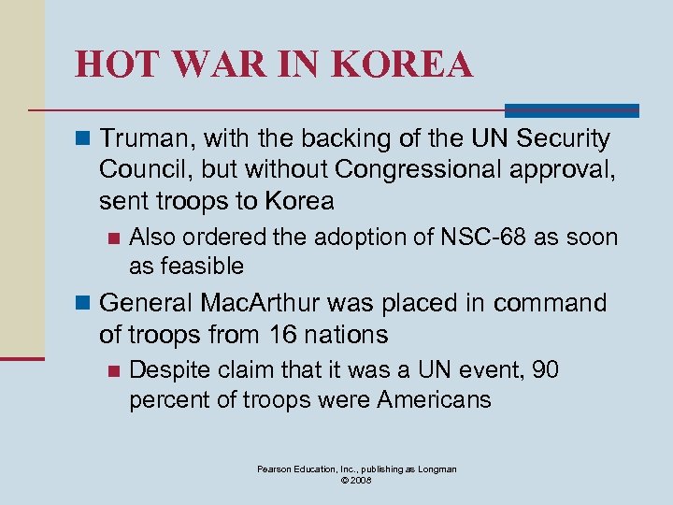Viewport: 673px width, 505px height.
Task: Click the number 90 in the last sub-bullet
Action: click(545, 371)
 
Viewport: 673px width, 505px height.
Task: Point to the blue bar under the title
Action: click(571, 110)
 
